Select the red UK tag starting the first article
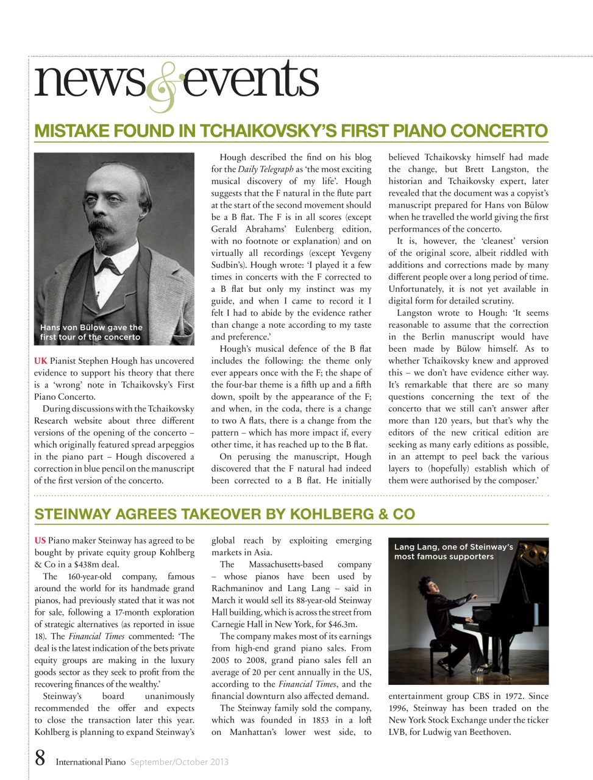[40, 361]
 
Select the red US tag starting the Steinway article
[40, 541]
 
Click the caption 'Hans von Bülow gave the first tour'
[91, 332]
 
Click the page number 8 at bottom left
[40, 759]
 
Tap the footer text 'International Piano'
[91, 762]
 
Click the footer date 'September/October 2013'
[179, 762]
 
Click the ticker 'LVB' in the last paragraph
[397, 732]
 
